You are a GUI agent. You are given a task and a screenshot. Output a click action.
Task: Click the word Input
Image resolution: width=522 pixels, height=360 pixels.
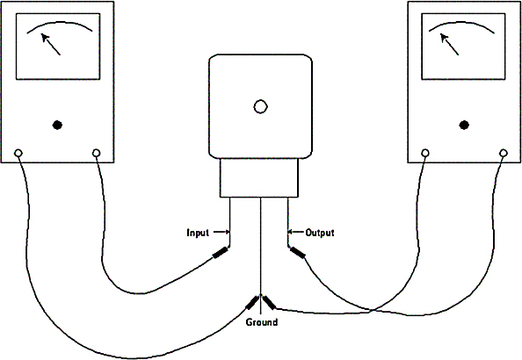(x=198, y=233)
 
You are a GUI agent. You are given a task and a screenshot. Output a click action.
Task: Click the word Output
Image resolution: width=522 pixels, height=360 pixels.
(x=320, y=233)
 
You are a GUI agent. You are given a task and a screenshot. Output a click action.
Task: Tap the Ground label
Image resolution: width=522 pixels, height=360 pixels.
(x=262, y=322)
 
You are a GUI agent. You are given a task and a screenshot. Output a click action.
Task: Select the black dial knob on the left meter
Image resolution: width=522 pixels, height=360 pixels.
(x=57, y=125)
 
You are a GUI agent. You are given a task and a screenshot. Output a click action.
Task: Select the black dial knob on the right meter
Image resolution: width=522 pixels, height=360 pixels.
(x=464, y=125)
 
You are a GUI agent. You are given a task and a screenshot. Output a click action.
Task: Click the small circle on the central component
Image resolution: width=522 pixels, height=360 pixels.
(x=260, y=106)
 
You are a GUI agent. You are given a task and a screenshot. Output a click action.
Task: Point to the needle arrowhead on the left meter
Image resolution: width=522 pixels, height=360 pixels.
(x=45, y=37)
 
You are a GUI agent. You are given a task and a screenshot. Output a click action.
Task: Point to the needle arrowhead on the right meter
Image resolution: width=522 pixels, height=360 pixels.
(x=445, y=37)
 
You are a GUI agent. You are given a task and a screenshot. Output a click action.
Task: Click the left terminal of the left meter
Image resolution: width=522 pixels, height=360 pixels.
(x=18, y=153)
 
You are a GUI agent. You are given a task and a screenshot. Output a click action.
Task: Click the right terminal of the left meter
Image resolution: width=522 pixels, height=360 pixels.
(x=96, y=153)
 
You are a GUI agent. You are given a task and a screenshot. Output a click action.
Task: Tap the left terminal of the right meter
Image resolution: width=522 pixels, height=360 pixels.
(x=425, y=153)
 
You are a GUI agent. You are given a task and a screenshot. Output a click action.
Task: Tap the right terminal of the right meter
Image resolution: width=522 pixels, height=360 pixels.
(x=504, y=153)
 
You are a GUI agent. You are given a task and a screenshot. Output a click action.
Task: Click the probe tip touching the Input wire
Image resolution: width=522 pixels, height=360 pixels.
(x=221, y=252)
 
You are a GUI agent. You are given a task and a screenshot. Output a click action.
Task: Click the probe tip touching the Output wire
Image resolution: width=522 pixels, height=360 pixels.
(x=297, y=253)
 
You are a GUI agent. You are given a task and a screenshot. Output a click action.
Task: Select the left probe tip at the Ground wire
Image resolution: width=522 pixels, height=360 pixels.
(x=252, y=302)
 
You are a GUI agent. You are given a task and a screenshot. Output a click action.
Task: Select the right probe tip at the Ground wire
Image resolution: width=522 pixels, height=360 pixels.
(x=269, y=302)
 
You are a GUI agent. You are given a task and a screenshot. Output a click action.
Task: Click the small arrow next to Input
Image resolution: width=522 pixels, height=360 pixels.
(x=221, y=232)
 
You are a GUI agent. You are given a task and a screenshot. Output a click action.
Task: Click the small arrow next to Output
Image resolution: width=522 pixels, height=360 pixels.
(x=295, y=232)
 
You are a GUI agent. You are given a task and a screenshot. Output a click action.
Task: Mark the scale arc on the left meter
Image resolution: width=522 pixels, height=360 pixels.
(x=59, y=23)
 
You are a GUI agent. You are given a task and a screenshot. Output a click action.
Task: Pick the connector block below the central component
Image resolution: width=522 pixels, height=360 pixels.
(x=259, y=177)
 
